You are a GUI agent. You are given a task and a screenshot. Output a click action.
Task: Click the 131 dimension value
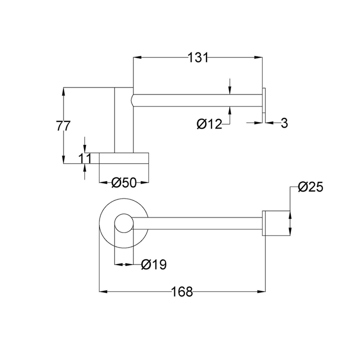(x=198, y=58)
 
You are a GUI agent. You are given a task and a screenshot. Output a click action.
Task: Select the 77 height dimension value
(x=62, y=126)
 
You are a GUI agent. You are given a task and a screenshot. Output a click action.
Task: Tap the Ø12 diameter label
(x=209, y=124)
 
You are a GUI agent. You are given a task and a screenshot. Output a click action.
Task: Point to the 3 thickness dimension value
(x=284, y=122)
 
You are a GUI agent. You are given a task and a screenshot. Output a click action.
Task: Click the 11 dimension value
(x=85, y=158)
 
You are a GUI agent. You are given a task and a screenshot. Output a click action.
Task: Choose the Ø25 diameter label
(x=310, y=187)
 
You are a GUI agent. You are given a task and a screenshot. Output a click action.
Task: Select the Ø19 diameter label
(x=153, y=264)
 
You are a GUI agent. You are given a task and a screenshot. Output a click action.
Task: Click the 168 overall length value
(x=182, y=292)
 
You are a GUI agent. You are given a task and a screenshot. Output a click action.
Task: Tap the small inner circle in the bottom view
(x=124, y=223)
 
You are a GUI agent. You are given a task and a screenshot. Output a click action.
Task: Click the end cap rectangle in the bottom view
(x=276, y=223)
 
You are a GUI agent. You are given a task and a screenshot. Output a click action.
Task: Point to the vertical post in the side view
(x=124, y=119)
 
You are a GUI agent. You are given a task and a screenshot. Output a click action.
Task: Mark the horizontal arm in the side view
(x=197, y=101)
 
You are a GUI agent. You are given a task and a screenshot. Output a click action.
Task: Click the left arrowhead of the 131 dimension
(x=136, y=58)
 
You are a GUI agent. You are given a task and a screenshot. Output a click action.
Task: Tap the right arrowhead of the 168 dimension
(x=261, y=291)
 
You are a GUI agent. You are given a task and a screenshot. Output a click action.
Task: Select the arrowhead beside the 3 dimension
(x=268, y=122)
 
